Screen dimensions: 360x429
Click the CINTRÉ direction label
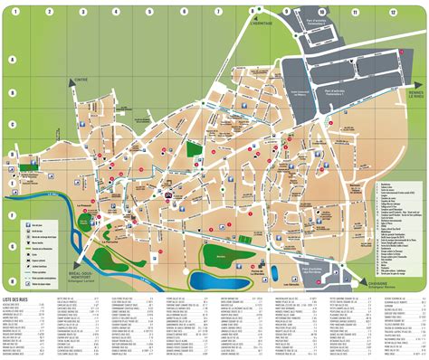[82, 81]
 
